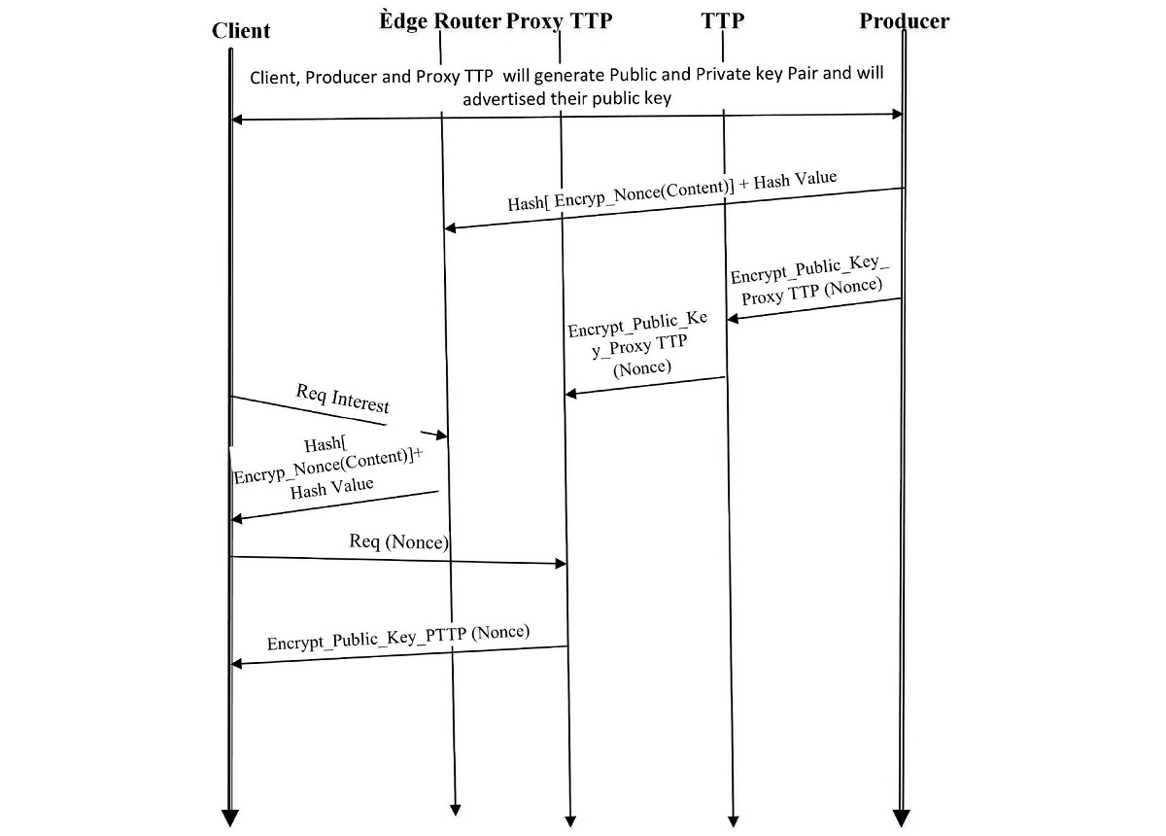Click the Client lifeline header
[x=241, y=31]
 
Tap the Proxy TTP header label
[x=560, y=20]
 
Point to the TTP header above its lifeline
[x=723, y=20]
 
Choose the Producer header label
[x=904, y=20]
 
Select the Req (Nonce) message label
[x=398, y=542]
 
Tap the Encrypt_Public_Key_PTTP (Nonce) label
[x=398, y=638]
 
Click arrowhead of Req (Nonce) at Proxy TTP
[x=561, y=564]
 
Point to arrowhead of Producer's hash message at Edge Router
[x=450, y=228]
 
